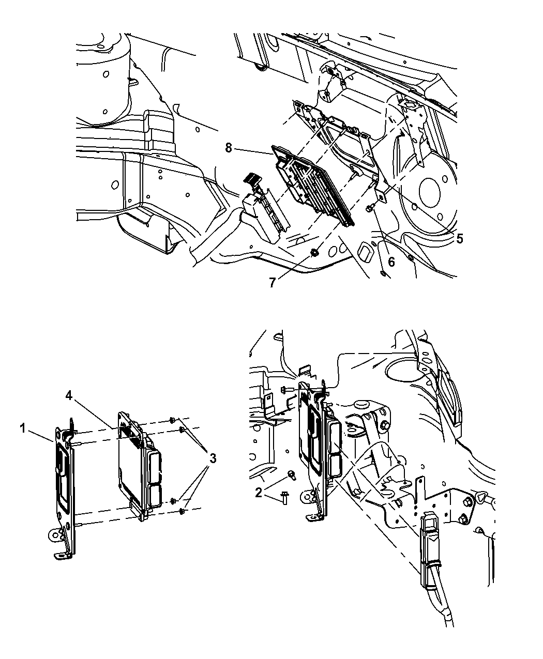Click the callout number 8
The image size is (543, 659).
tap(229, 149)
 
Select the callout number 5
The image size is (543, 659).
tap(459, 239)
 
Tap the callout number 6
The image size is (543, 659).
tap(391, 262)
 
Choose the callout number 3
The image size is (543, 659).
tap(213, 458)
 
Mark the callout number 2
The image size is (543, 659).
tap(259, 493)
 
